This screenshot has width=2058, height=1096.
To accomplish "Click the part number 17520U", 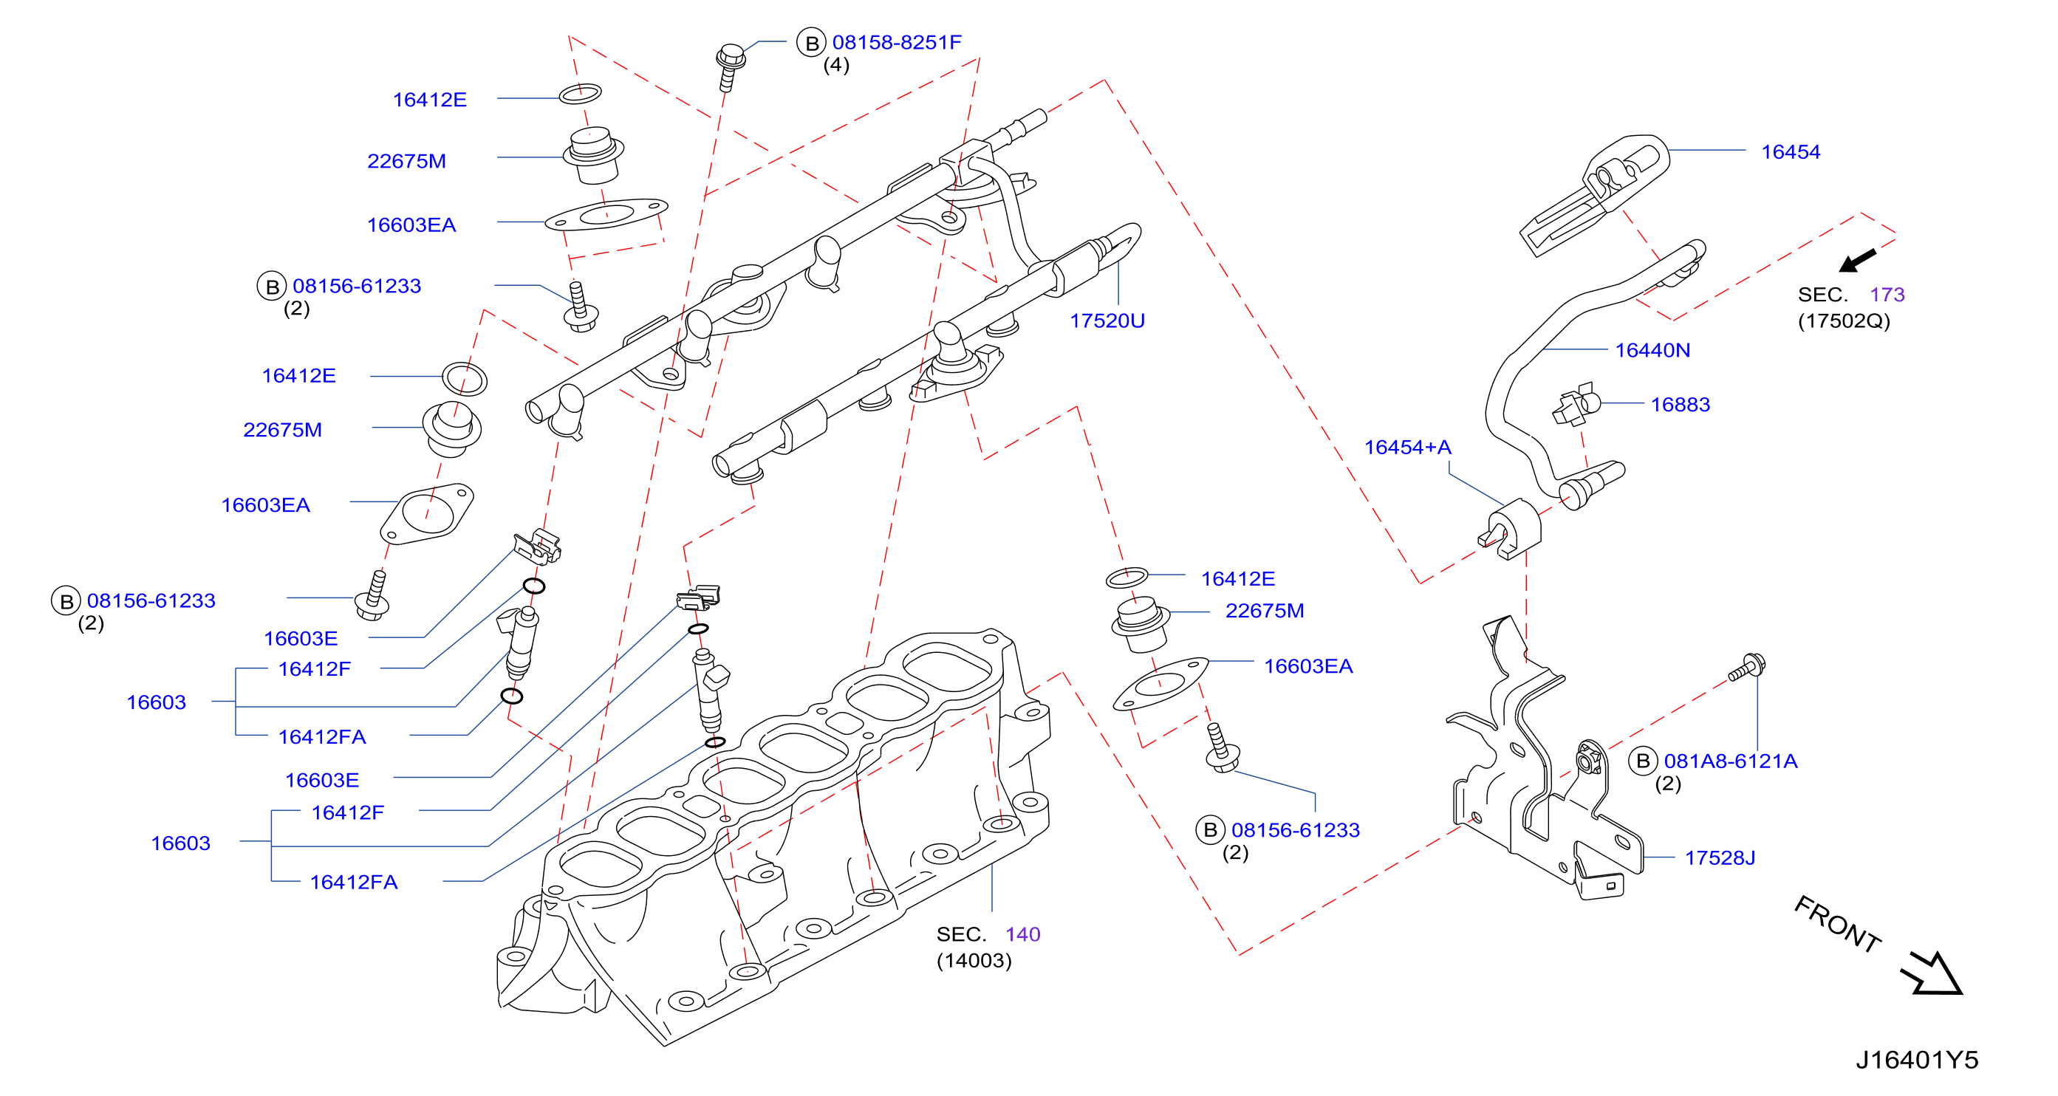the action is [x=1107, y=321].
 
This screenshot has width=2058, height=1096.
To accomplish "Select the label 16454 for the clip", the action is [x=1791, y=152].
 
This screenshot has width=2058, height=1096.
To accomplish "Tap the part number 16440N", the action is [x=1652, y=350].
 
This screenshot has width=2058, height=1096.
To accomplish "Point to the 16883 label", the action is [x=1680, y=404].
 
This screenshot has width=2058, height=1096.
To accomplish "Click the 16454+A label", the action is [x=1407, y=448].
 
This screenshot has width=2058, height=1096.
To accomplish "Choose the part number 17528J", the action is [x=1720, y=858].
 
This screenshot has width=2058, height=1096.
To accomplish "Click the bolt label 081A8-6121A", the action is [x=1731, y=761].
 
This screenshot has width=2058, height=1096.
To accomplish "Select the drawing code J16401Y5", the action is [x=1917, y=1060].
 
